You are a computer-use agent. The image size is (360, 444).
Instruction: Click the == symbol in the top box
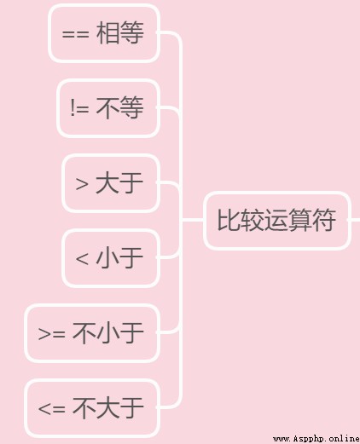coord(75,35)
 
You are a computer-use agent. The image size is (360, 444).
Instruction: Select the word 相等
coord(119,33)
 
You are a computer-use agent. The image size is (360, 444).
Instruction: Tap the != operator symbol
coord(79,107)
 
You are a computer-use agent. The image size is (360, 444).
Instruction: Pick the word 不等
coord(119,107)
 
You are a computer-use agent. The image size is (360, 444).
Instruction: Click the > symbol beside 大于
coord(82,183)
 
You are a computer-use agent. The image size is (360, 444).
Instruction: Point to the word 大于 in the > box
coord(119,183)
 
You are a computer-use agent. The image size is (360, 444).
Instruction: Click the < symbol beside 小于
coord(82,259)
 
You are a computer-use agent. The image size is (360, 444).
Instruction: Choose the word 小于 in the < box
coord(119,257)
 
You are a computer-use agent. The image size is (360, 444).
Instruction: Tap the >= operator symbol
coord(51,333)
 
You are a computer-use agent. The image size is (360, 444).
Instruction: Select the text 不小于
coord(107,333)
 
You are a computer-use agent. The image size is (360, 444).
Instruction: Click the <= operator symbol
coord(51,409)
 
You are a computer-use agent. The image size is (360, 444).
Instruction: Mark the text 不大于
coord(107,408)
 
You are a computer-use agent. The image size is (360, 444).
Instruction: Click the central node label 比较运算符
coord(276,220)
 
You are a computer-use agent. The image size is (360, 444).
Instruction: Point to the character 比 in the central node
coord(229,220)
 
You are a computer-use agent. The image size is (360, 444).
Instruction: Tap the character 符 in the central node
coord(324,220)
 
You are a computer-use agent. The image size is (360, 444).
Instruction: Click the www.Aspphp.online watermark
coord(316,439)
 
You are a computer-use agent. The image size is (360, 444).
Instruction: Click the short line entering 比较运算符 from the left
coord(193,220)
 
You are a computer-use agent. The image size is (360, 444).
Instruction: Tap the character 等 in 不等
coord(131,107)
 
